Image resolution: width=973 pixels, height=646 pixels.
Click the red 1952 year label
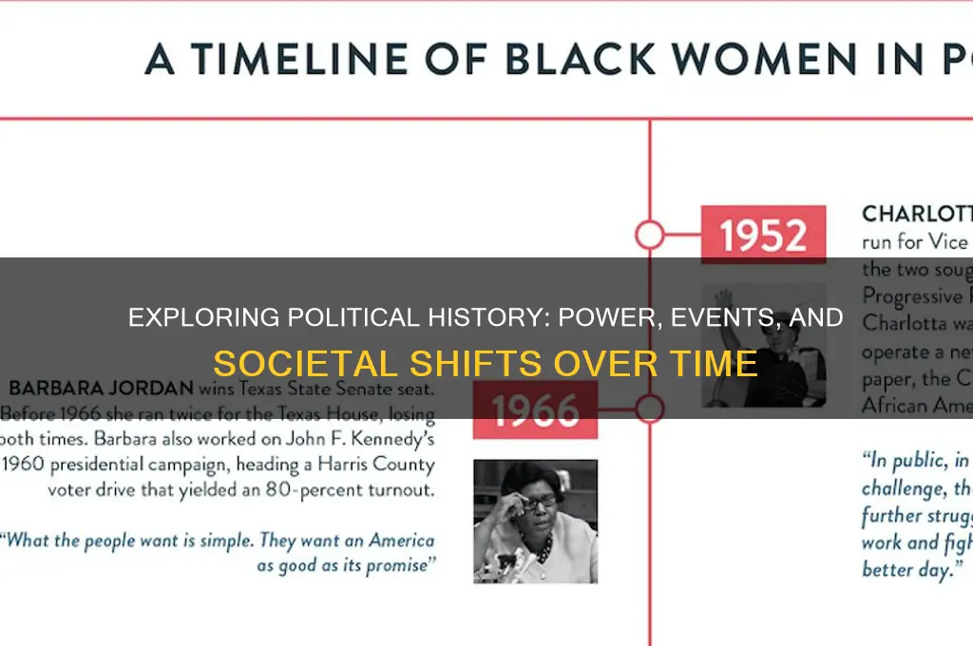click(x=763, y=235)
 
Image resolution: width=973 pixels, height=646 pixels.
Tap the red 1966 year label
click(x=535, y=410)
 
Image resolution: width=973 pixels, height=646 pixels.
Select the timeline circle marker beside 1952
click(x=649, y=235)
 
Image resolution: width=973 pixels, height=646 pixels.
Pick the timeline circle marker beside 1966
click(x=649, y=409)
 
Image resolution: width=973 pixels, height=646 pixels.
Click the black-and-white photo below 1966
click(x=535, y=521)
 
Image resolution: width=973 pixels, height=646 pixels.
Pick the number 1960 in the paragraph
click(x=29, y=465)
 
